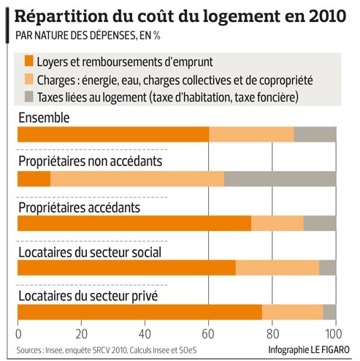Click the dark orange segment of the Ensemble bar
pos(113,134)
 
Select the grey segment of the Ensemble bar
pos(315,134)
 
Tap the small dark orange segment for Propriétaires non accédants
pos(34,179)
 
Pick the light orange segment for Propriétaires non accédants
pos(137,179)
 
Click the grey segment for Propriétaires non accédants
pos(280,179)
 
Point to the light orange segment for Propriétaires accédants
pos(277,223)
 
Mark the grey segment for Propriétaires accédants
pos(320,223)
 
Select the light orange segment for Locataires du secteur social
pos(277,267)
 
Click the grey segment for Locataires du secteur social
pos(328,267)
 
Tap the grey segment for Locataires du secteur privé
pos(329,312)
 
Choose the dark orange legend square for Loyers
pos(29,61)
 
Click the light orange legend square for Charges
pos(29,79)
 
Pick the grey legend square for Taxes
pos(29,96)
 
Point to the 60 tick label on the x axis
pos(208,334)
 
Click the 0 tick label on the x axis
pos(18,334)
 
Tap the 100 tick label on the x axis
pos(333,334)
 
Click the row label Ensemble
pos(44,118)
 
